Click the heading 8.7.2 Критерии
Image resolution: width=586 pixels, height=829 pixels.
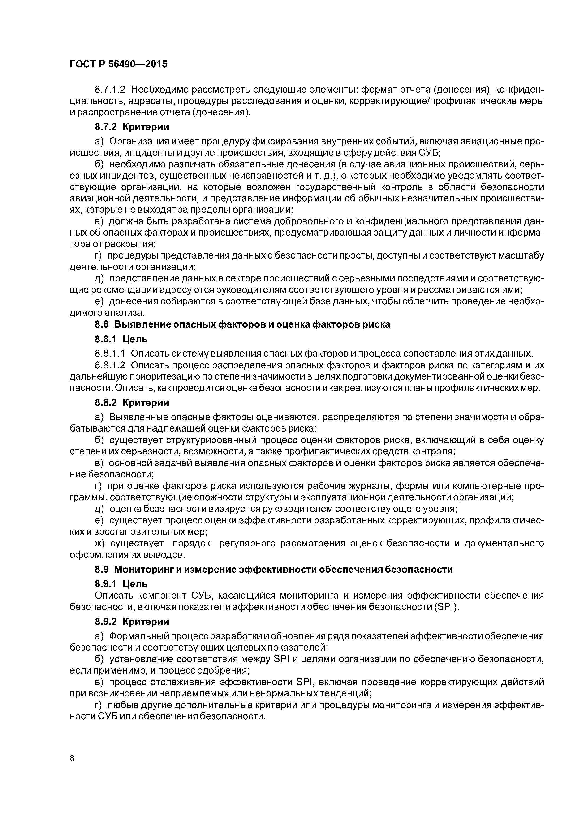[132, 127]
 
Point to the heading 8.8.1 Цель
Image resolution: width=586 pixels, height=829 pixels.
[121, 339]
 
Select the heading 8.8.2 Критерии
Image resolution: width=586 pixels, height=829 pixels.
[132, 402]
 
